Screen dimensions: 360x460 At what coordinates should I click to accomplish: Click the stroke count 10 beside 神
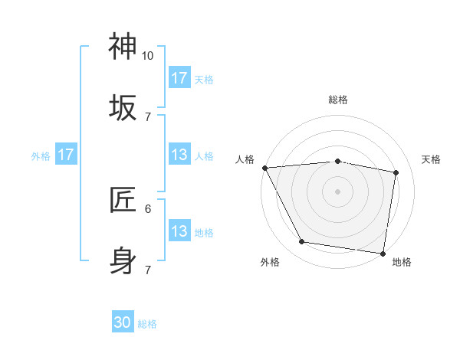coord(148,56)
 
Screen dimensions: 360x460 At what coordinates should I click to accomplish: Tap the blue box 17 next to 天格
coord(179,78)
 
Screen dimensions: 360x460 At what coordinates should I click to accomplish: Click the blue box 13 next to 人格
coord(179,155)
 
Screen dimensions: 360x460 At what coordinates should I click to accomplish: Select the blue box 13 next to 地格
coord(179,231)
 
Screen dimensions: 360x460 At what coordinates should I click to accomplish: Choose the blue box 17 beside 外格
coord(66,155)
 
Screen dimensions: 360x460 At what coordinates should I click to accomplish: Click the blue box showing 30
coord(123,323)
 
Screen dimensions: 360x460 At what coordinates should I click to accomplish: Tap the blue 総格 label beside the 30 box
coord(147,324)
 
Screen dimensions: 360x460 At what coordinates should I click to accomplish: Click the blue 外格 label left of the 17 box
coord(41,155)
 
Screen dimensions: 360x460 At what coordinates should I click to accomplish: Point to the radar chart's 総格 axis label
coord(338,100)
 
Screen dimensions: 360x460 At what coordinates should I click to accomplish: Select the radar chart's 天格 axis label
coord(432,159)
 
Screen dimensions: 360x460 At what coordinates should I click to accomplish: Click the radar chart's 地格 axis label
coord(402,262)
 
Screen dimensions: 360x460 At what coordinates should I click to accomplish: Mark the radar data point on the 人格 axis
coord(264,168)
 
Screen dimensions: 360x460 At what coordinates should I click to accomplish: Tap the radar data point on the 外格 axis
coord(302,242)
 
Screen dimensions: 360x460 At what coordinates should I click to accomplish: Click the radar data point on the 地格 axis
coord(383,253)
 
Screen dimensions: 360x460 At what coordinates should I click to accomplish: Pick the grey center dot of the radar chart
coord(338,191)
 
